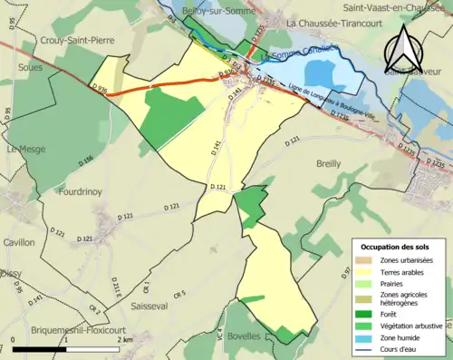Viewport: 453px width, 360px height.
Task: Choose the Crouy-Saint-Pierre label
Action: click(77, 40)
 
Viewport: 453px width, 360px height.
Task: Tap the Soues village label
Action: click(21, 68)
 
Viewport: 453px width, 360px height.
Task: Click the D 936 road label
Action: click(101, 87)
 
